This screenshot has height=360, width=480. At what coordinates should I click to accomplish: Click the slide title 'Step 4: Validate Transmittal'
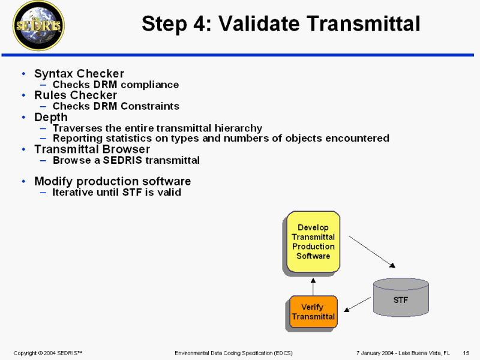point(280,24)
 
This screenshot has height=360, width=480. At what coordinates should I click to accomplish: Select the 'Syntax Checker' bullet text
point(79,74)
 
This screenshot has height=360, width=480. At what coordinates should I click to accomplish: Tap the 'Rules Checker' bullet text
point(76,95)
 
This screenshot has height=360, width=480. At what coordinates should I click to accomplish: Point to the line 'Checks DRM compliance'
point(116,85)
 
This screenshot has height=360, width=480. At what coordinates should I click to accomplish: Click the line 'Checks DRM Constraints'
point(116,106)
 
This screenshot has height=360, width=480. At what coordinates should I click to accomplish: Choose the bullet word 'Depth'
point(51,117)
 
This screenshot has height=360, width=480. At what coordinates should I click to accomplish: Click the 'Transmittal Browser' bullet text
point(92,149)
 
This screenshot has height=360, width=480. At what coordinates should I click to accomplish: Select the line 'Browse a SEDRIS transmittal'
point(126,160)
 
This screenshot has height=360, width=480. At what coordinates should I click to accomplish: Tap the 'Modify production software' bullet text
point(112,181)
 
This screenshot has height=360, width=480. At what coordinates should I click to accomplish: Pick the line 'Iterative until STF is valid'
point(117,193)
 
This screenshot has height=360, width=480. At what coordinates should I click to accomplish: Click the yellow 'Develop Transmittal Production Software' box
point(313,242)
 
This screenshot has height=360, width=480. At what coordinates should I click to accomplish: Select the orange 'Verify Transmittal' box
point(313,312)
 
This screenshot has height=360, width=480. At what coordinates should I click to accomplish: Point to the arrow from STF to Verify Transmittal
point(359,304)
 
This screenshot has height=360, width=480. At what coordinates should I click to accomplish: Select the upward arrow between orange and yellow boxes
point(313,286)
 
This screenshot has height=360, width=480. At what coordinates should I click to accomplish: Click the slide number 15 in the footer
point(466,352)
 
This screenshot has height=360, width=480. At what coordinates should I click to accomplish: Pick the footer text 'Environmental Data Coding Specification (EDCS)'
point(233,352)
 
